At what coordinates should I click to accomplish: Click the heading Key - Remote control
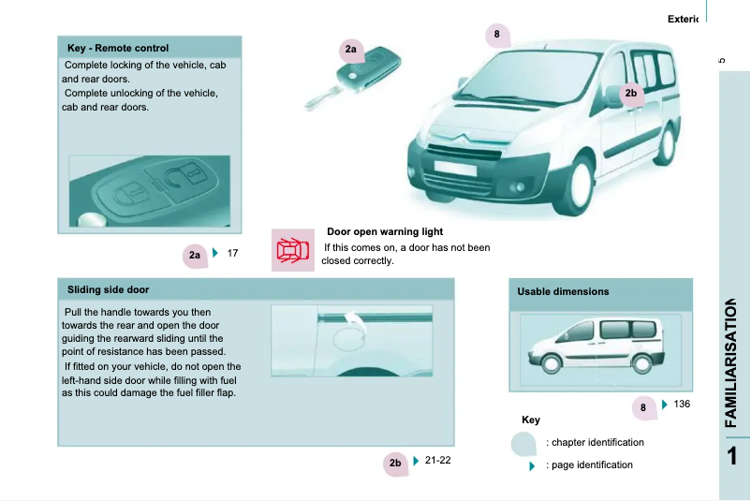[118, 48]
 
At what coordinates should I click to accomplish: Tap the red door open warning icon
[292, 250]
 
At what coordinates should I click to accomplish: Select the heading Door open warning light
[384, 231]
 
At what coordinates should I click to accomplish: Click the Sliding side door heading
[108, 289]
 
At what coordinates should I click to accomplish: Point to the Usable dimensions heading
[563, 291]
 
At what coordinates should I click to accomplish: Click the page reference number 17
[233, 253]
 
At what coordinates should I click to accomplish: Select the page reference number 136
[682, 404]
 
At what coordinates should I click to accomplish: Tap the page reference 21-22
[437, 460]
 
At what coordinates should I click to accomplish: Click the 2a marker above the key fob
[351, 49]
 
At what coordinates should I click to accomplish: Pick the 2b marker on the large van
[630, 94]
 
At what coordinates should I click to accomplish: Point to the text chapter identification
[595, 442]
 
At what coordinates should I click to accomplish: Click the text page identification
[589, 464]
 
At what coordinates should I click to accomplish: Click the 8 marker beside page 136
[643, 407]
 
